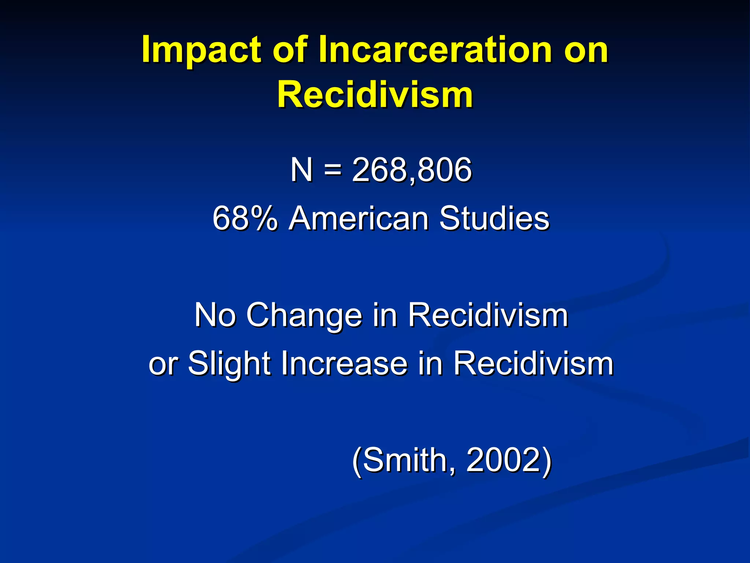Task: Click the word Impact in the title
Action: (x=201, y=50)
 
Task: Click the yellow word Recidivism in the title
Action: (x=375, y=95)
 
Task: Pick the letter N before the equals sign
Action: (x=301, y=170)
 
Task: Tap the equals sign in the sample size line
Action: (x=333, y=170)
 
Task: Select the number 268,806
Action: (x=412, y=170)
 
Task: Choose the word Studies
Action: (x=494, y=218)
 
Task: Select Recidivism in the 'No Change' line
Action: (x=488, y=315)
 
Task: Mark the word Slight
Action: (x=229, y=364)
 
